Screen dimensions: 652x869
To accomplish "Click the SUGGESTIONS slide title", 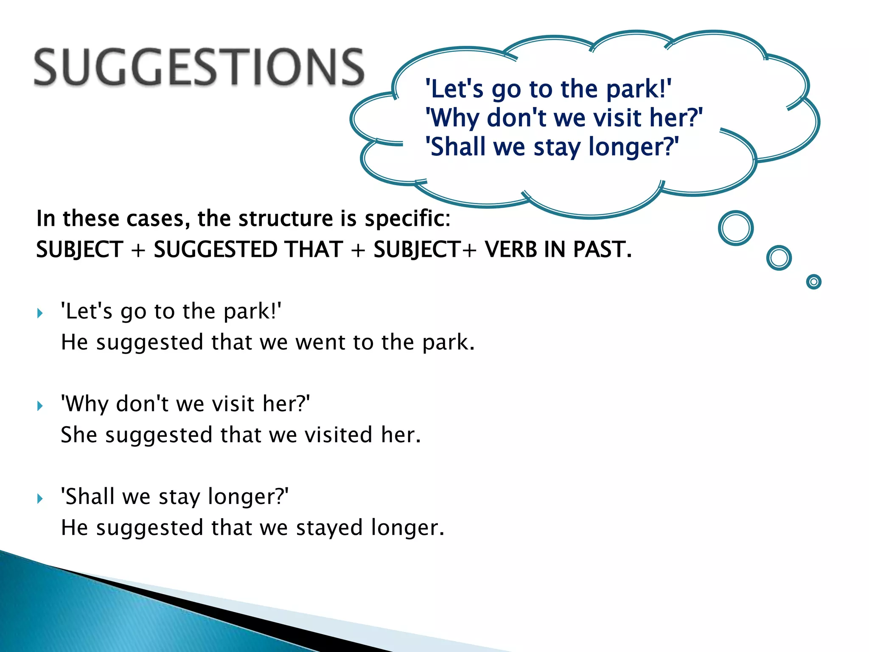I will coord(199,67).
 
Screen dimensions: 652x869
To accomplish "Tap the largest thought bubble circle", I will coord(735,228).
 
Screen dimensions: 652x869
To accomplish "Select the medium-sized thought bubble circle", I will coord(779,258).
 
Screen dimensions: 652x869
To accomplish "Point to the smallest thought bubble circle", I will coord(813,282).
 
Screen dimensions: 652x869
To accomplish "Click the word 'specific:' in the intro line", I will coord(407,219).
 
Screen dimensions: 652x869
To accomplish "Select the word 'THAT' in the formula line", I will coord(314,249).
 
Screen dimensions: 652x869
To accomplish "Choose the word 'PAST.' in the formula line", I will coord(602,249).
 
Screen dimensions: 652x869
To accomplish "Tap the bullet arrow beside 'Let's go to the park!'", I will coord(40,314).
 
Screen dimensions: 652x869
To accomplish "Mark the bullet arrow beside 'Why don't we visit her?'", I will coord(40,406).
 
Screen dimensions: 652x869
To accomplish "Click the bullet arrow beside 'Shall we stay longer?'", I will coord(40,498).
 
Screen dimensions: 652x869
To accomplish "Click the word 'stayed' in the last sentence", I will coord(329,528).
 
